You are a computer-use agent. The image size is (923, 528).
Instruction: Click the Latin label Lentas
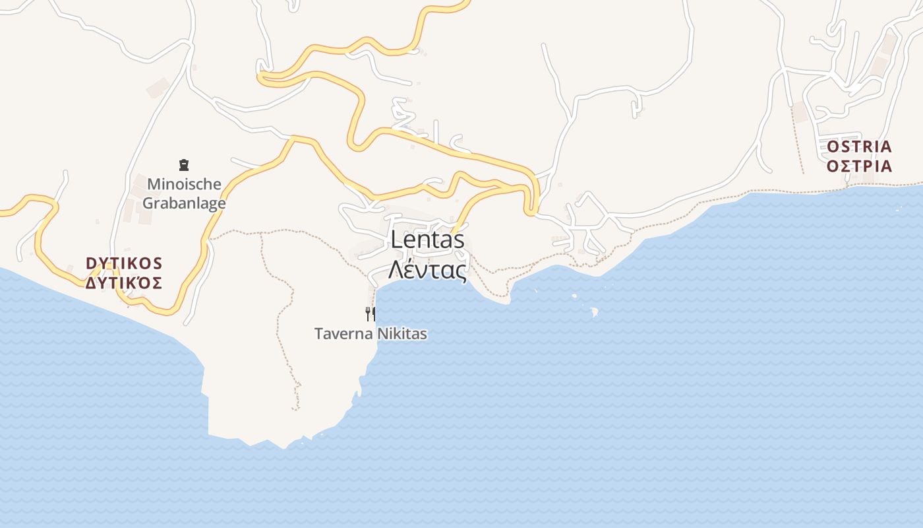coord(427,240)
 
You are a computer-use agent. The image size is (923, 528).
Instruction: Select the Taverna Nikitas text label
coord(371,334)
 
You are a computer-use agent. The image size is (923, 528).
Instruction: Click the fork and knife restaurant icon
coord(371,313)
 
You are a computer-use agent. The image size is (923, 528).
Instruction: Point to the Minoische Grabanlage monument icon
coord(183,165)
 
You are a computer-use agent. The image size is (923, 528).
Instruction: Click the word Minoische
coord(184,183)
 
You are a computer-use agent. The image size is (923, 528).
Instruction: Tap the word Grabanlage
coord(184,203)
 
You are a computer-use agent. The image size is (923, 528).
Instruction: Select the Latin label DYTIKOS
coord(124,263)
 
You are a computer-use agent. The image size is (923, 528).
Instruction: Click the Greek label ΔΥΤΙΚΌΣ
coord(124,283)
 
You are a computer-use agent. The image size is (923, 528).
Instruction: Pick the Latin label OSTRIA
coord(859,147)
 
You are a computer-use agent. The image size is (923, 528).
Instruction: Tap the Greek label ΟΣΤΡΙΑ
coord(859,166)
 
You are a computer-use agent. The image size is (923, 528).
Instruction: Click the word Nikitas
coord(402,334)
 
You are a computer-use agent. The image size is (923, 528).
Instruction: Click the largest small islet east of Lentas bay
coord(593,312)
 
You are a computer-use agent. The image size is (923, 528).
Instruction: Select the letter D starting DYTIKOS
coord(91,263)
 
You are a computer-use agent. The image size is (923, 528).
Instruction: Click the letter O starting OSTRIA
coord(833,147)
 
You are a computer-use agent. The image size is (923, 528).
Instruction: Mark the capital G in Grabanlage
coord(149,203)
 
